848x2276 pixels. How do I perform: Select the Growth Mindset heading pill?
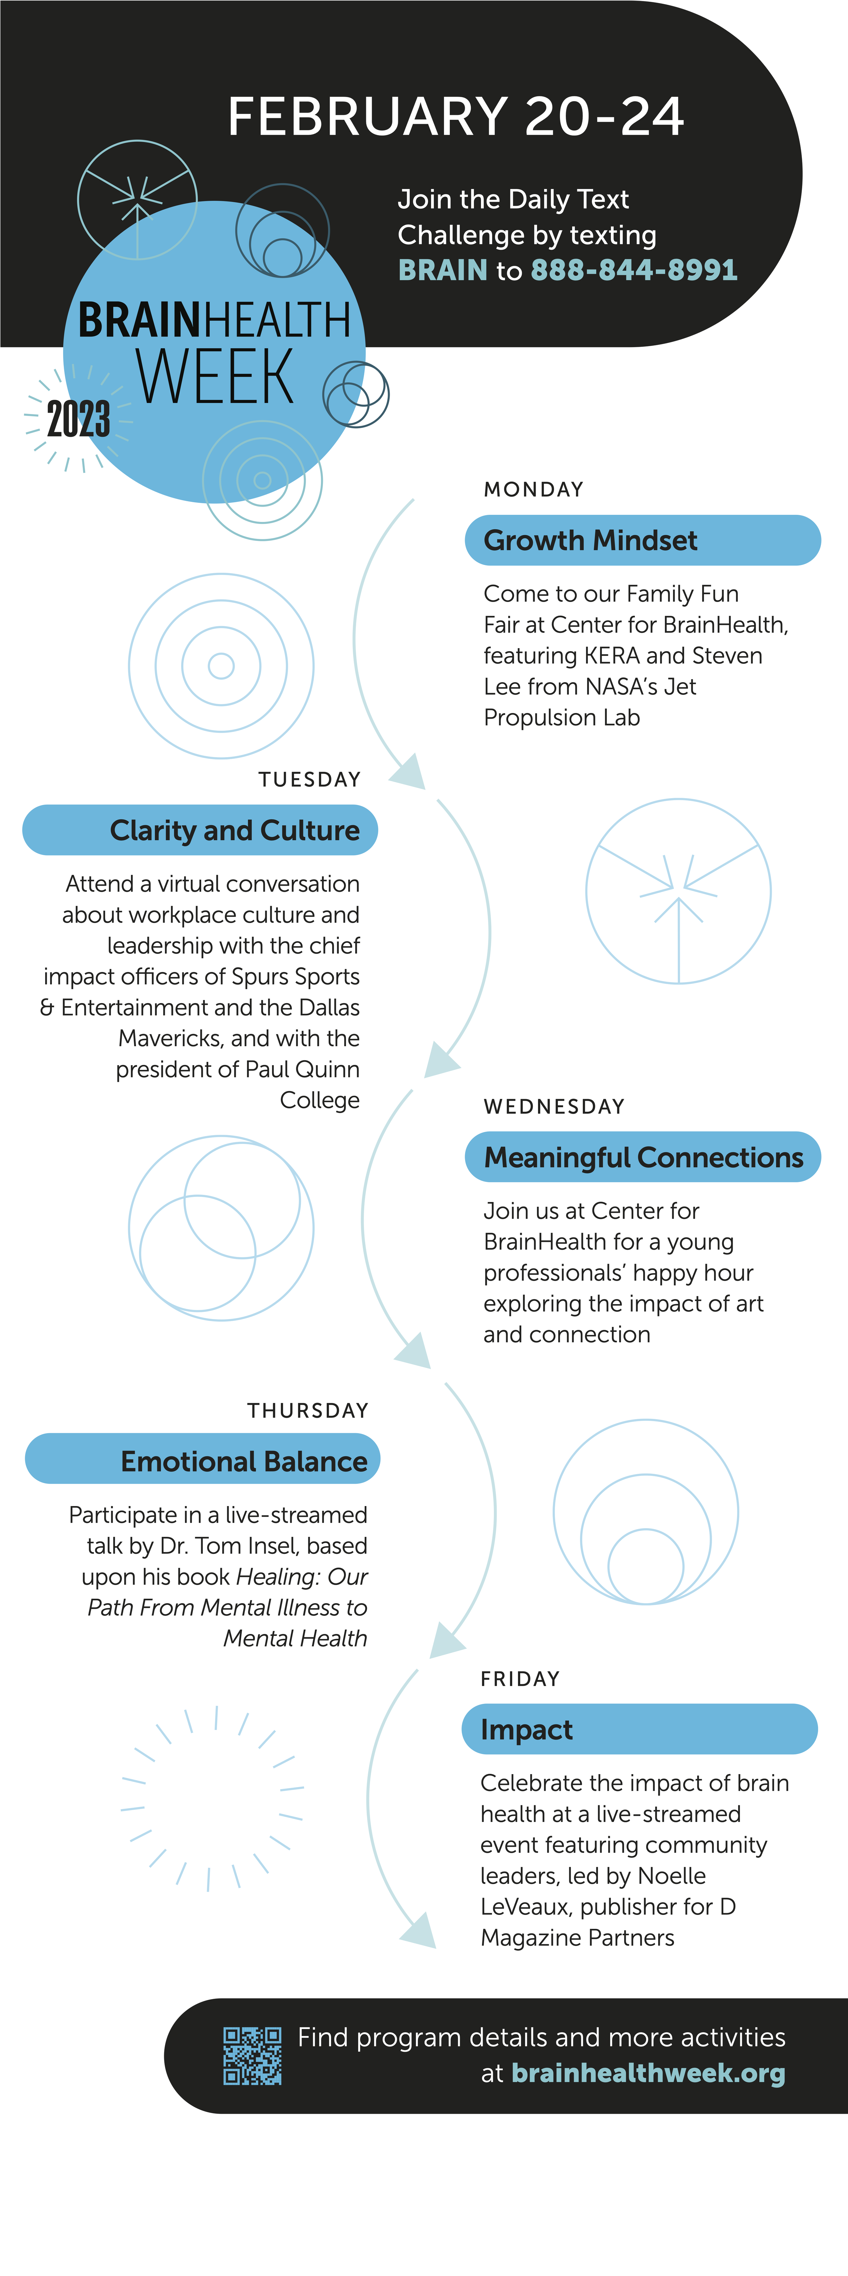point(642,540)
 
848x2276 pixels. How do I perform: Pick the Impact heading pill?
point(639,1730)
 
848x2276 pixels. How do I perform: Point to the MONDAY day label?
point(534,489)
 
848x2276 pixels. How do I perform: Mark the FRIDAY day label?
point(520,1679)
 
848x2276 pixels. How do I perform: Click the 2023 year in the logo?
point(79,419)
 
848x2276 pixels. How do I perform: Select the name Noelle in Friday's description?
point(671,1876)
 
